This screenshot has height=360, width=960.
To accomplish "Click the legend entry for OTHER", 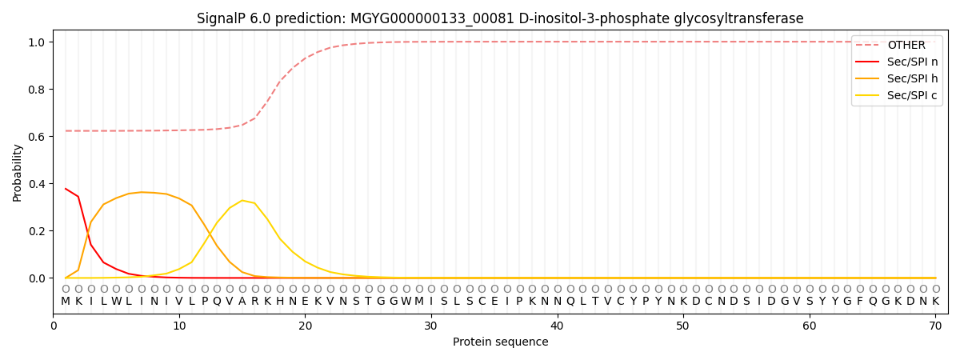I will [x=906, y=46].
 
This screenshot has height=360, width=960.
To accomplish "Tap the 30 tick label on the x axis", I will [x=431, y=326].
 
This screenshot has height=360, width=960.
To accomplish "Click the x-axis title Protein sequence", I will [x=500, y=342].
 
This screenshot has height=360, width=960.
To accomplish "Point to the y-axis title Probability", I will [x=18, y=172].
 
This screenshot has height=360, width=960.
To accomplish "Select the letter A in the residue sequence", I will [x=242, y=302].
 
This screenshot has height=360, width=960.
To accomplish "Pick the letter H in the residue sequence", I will [x=280, y=302].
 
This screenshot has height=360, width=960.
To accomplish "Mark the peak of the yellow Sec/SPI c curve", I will [x=242, y=200].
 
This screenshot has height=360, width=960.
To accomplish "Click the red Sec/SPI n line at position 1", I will [x=66, y=189].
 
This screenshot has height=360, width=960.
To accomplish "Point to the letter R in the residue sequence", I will [x=255, y=302].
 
